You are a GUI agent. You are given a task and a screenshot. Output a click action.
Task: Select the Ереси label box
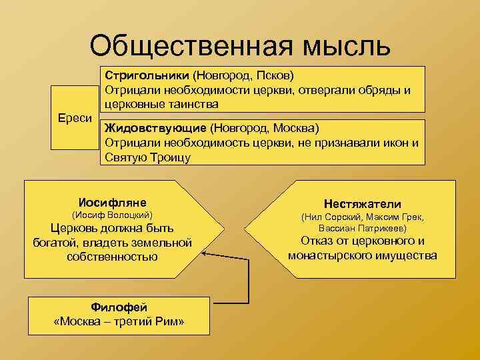(74, 117)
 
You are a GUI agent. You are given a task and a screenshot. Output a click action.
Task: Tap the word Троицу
(167, 157)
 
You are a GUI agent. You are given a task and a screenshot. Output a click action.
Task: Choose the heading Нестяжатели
(362, 203)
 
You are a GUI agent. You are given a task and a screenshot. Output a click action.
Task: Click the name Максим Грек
(395, 217)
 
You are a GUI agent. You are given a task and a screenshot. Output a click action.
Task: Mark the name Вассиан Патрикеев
(362, 228)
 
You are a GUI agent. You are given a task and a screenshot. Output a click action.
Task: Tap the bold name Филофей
(119, 307)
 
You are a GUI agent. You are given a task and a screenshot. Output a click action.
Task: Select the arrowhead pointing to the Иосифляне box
(205, 254)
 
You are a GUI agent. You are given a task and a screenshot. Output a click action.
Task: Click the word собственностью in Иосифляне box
(112, 257)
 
